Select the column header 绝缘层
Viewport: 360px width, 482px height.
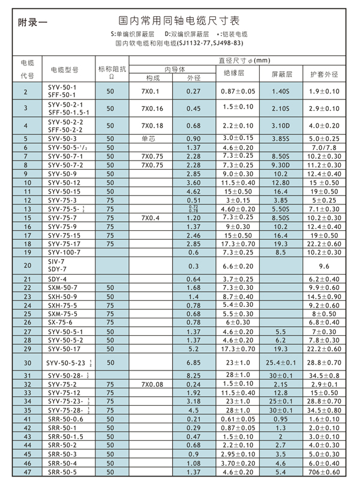click(x=236, y=74)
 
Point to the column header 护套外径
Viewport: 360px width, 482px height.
click(x=324, y=74)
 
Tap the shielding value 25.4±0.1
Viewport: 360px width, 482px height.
click(x=281, y=363)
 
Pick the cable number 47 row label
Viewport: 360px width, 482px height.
click(x=25, y=472)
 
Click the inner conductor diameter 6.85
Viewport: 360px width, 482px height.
click(x=193, y=363)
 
